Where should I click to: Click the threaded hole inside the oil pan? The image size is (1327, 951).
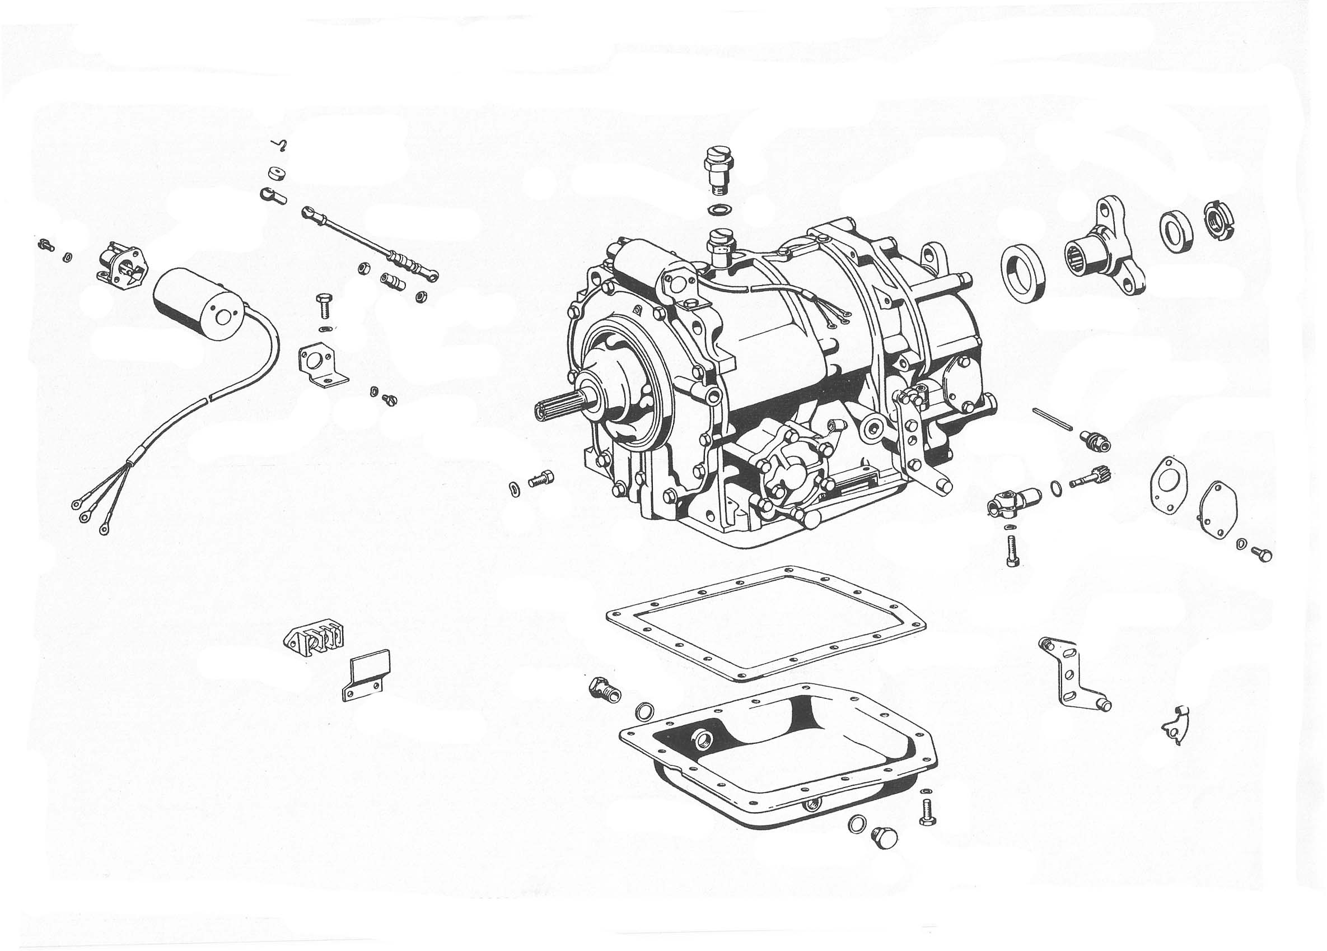[700, 739]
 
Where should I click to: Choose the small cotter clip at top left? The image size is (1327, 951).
[281, 144]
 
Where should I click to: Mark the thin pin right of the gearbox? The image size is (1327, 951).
[1053, 419]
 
